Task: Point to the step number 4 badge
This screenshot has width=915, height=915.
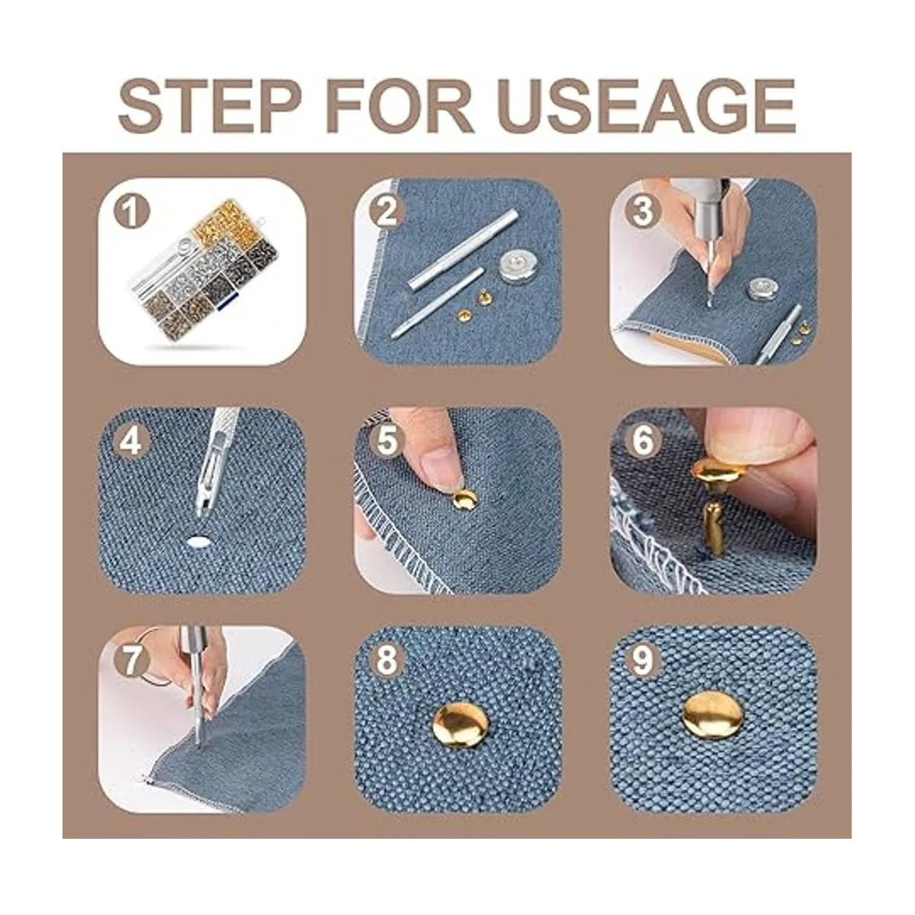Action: pyautogui.click(x=131, y=441)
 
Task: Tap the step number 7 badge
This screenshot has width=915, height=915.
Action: pyautogui.click(x=131, y=660)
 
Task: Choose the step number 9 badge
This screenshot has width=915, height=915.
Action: pyautogui.click(x=643, y=660)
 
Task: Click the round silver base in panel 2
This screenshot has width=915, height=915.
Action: pyautogui.click(x=515, y=265)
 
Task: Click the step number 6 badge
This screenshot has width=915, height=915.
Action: pyautogui.click(x=643, y=441)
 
